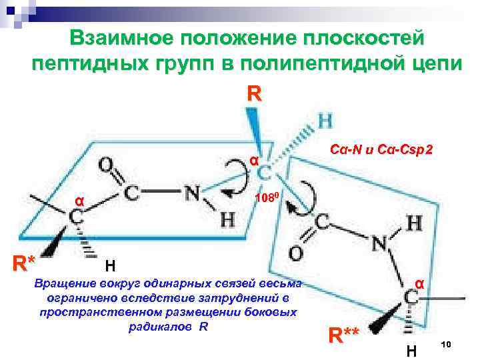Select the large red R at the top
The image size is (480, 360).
(x=253, y=93)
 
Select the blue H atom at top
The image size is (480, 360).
(x=327, y=121)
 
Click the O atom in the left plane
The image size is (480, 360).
(x=105, y=165)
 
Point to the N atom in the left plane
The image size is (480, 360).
(x=193, y=195)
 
